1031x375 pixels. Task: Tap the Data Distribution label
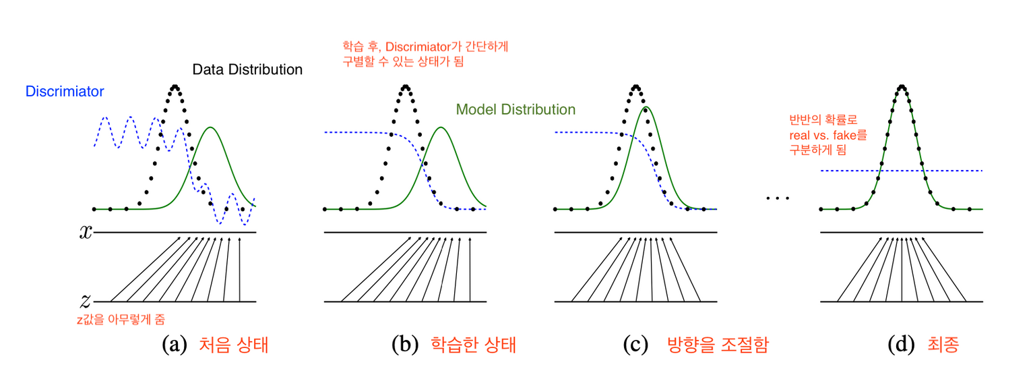click(247, 69)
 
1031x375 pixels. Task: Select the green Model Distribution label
click(515, 109)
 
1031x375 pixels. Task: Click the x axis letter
click(86, 232)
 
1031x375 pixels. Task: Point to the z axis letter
click(86, 301)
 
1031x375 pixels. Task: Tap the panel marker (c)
click(636, 345)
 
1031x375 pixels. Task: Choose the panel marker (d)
click(901, 345)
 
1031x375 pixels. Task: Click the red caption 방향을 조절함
click(717, 345)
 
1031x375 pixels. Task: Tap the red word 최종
click(943, 345)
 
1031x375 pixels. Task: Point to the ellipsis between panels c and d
click(777, 198)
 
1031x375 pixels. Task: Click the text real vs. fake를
click(827, 136)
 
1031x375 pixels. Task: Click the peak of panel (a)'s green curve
click(212, 127)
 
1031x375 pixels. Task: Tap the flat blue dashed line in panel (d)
click(957, 171)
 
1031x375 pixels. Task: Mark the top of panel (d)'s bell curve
click(902, 86)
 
